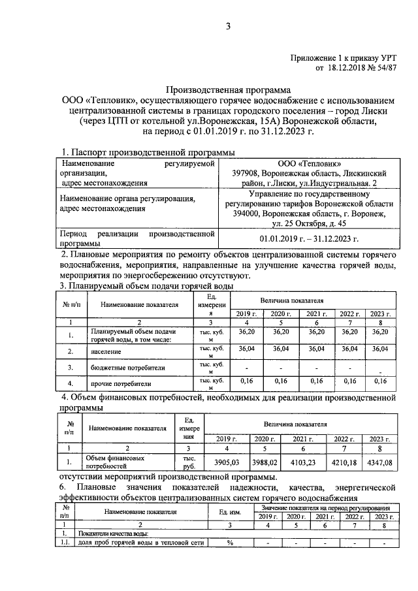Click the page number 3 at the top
point(229,26)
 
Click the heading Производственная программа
point(228,89)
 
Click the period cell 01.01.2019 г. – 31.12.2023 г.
point(309,239)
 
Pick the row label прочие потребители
point(117,384)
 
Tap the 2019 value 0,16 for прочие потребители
point(246,380)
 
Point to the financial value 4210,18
point(347,464)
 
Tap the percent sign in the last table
point(230,543)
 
